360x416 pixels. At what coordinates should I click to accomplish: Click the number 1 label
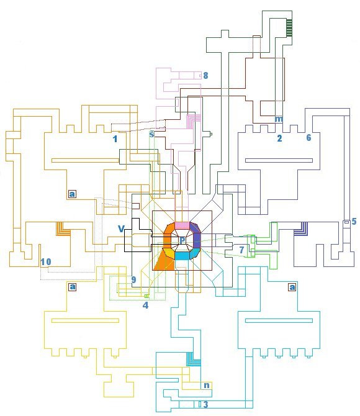(x=115, y=138)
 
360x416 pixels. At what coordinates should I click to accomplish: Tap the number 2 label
(x=279, y=138)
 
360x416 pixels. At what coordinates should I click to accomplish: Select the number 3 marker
(x=205, y=404)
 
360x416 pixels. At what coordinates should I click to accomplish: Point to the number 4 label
(x=145, y=305)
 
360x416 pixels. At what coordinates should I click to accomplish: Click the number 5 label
(x=354, y=221)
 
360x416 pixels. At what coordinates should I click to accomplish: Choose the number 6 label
(x=308, y=137)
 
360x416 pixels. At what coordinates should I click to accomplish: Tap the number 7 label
(x=241, y=250)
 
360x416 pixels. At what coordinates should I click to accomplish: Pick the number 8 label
(x=205, y=75)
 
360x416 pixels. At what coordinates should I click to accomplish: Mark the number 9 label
(x=133, y=279)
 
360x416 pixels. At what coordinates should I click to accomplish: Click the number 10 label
(x=46, y=262)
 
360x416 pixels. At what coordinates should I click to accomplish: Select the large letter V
(x=121, y=228)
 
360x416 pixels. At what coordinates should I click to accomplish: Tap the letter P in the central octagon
(x=182, y=240)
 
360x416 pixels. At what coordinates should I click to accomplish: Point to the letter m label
(x=279, y=119)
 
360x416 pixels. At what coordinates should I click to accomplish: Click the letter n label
(x=207, y=385)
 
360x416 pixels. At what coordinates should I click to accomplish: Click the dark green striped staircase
(x=289, y=27)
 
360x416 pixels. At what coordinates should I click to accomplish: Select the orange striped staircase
(x=63, y=228)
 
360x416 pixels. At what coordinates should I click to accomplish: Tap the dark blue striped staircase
(x=301, y=228)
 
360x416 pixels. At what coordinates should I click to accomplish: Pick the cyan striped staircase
(x=194, y=359)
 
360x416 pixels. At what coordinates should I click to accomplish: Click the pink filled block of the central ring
(x=182, y=225)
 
